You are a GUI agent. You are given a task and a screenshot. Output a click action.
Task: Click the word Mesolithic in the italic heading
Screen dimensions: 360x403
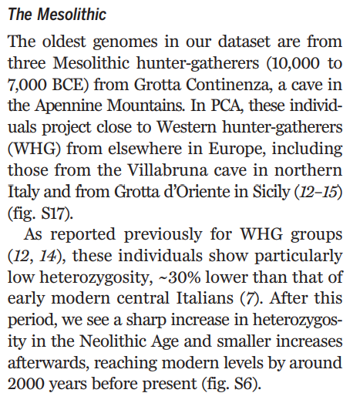tap(76, 14)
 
